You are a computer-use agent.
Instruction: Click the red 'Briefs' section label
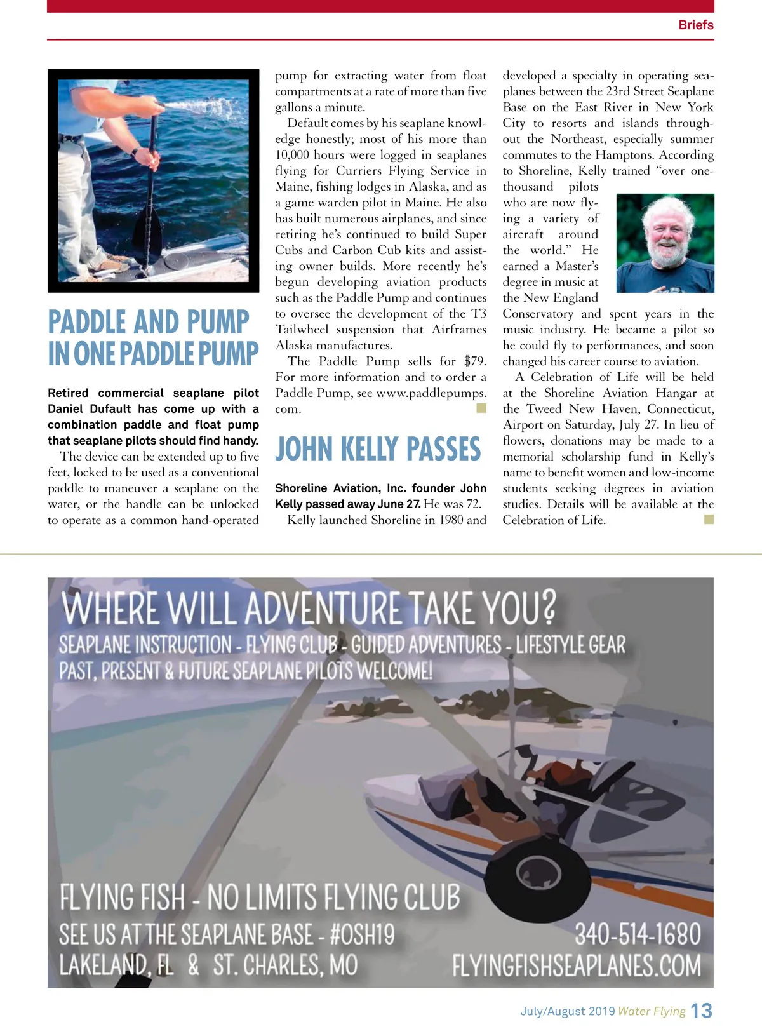[695, 25]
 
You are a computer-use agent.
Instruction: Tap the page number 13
[701, 1011]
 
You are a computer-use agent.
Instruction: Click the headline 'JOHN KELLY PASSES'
[378, 449]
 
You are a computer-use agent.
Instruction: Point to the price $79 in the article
[474, 361]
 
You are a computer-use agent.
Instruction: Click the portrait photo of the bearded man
[665, 243]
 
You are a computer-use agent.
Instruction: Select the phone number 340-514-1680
[638, 934]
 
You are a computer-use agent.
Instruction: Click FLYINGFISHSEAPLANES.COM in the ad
[577, 965]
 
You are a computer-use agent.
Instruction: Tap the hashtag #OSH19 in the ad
[362, 934]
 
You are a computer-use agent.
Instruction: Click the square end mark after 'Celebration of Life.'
[709, 520]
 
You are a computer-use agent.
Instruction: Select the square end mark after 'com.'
[481, 408]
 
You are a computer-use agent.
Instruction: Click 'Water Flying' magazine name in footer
[652, 1011]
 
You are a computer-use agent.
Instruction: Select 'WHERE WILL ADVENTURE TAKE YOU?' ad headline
[309, 608]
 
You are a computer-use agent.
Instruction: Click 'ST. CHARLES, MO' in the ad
[285, 965]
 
